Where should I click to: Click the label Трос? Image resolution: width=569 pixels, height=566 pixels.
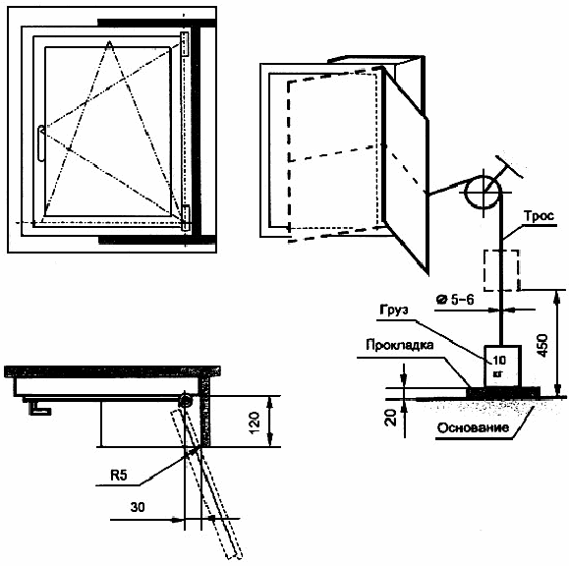(539, 216)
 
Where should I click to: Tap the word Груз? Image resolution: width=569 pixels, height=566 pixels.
(394, 310)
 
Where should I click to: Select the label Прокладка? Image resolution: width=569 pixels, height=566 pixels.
(400, 345)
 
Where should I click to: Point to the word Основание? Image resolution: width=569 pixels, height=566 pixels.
(473, 427)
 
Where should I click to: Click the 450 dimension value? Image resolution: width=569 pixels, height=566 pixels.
(542, 345)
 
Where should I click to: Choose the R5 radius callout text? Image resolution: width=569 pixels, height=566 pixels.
(119, 475)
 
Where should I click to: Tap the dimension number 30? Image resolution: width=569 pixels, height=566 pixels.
(138, 507)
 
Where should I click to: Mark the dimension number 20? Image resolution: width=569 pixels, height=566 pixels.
(391, 418)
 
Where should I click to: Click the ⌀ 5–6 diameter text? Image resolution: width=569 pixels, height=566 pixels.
(455, 300)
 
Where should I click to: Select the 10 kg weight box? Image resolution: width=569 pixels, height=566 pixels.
(502, 367)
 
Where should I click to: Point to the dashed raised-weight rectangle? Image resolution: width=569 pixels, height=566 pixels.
(501, 270)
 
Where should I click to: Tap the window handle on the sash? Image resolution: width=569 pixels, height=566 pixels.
(41, 142)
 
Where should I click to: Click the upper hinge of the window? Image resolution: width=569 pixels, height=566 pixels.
(185, 44)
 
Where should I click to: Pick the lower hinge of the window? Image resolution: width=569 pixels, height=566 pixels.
(186, 218)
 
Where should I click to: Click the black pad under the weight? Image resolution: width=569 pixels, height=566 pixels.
(503, 392)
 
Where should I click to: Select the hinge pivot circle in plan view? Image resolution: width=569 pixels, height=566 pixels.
(186, 401)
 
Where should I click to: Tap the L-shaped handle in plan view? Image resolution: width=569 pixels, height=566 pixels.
(39, 408)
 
